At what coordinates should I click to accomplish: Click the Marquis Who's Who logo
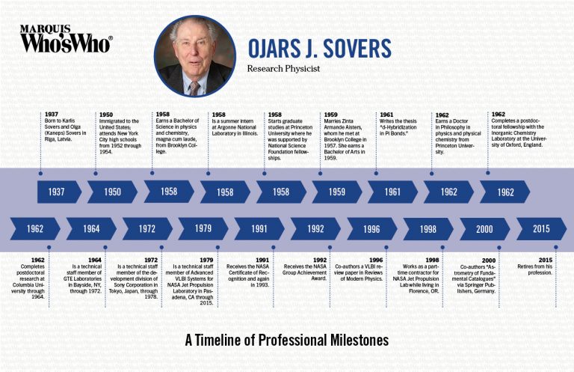click(66, 38)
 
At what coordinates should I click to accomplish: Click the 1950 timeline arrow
click(112, 192)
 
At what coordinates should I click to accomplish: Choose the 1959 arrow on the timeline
click(336, 192)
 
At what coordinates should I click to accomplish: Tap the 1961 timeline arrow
click(392, 192)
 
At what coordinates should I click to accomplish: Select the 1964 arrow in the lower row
click(90, 228)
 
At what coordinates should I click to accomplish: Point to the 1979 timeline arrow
click(202, 228)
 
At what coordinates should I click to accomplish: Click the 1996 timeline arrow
click(370, 228)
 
